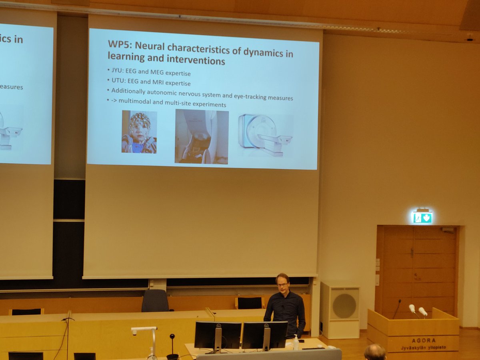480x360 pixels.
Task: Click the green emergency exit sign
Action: tap(422, 217)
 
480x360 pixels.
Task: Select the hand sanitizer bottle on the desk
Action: tap(296, 343)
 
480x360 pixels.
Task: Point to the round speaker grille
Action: tap(344, 306)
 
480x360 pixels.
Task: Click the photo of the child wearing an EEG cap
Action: tap(139, 132)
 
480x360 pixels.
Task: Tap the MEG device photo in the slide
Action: tap(202, 136)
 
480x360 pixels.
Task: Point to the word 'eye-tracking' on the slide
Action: tap(250, 97)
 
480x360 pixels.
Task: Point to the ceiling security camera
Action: tap(470, 39)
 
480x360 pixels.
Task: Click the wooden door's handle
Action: tap(412, 253)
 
